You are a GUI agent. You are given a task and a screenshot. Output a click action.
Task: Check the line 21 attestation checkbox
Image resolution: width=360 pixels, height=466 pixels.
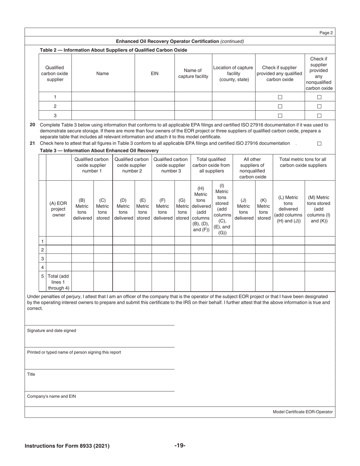click(319, 144)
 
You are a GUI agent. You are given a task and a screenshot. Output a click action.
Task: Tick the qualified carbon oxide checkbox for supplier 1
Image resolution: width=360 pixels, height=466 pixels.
click(280, 97)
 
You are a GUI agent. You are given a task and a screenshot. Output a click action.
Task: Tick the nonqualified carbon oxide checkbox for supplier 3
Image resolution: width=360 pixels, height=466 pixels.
click(319, 116)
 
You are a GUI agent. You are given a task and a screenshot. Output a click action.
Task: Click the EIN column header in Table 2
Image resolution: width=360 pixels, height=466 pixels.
click(155, 73)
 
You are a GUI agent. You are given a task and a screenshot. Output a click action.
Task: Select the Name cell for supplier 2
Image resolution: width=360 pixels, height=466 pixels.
click(103, 106)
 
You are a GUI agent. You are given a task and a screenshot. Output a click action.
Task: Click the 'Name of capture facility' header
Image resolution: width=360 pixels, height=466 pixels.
click(193, 73)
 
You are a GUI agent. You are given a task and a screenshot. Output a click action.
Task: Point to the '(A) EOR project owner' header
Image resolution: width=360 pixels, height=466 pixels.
click(58, 209)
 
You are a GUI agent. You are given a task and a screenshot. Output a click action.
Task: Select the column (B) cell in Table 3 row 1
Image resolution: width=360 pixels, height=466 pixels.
click(82, 241)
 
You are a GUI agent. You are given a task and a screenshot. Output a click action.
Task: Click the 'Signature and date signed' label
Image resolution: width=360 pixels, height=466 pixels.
click(52, 331)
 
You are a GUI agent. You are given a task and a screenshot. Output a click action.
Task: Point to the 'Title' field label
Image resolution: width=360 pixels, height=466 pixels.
click(31, 374)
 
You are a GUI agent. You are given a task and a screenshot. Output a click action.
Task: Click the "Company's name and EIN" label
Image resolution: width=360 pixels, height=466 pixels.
click(51, 396)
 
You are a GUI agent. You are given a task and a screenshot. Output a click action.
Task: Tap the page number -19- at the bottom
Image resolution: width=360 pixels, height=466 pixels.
click(180, 446)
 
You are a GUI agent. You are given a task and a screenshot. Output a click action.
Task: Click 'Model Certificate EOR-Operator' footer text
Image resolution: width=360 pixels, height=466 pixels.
click(302, 412)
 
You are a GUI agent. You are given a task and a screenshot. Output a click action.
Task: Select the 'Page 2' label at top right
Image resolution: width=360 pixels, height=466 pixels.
click(326, 33)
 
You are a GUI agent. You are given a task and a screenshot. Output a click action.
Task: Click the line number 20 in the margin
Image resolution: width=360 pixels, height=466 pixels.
click(32, 125)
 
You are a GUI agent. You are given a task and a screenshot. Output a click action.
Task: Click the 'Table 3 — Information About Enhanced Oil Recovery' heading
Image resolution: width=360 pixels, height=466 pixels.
click(99, 150)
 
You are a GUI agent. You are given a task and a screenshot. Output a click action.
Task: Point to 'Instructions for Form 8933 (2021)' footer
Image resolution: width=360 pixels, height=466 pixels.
click(67, 446)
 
